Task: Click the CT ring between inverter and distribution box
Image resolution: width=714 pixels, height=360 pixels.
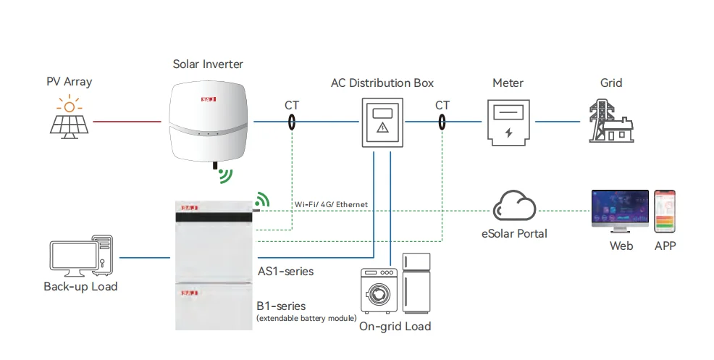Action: (x=292, y=122)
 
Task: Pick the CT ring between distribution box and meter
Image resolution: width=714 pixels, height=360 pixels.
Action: (x=442, y=122)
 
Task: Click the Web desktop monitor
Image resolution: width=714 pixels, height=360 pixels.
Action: (x=620, y=212)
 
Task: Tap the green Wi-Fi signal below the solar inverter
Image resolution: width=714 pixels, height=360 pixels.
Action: (x=227, y=176)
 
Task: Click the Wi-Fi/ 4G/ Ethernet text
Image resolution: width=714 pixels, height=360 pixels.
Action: (x=331, y=205)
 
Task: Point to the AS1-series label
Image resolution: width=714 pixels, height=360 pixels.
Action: (x=285, y=271)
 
